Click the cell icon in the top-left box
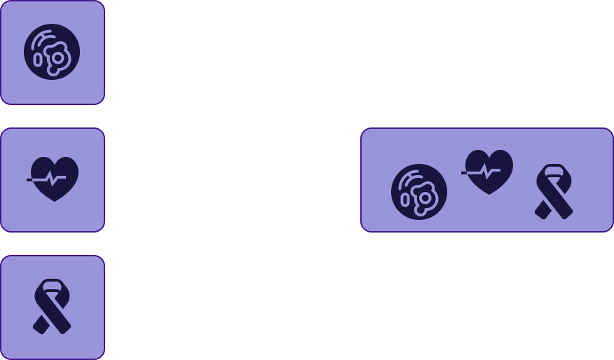[x=52, y=52]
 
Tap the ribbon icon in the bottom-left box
[x=52, y=307]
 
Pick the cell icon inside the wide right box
[x=419, y=192]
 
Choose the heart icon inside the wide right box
[x=489, y=172]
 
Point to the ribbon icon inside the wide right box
[x=554, y=191]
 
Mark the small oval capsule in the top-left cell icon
[x=38, y=60]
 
